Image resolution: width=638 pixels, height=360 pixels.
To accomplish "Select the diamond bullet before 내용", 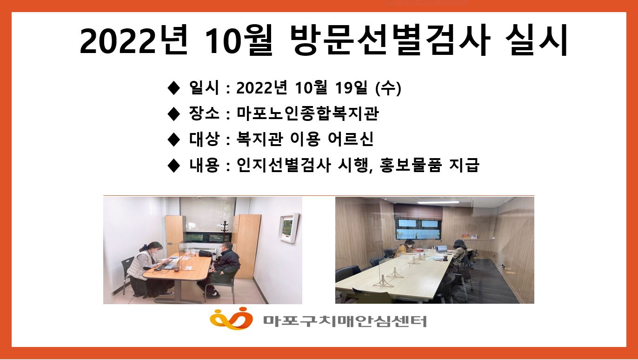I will point(173,166).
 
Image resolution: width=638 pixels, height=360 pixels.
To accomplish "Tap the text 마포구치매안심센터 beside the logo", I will point(345,320).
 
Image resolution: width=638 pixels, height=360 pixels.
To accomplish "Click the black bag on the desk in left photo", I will point(205,253).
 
